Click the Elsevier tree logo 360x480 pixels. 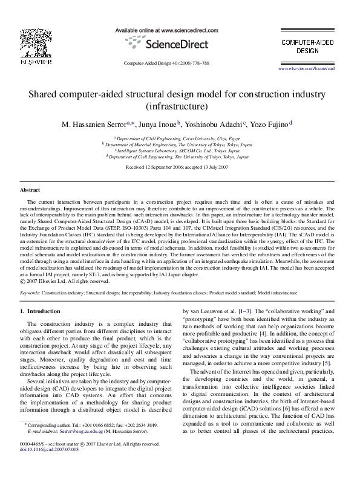click(31, 37)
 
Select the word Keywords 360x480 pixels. click(30, 292)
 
